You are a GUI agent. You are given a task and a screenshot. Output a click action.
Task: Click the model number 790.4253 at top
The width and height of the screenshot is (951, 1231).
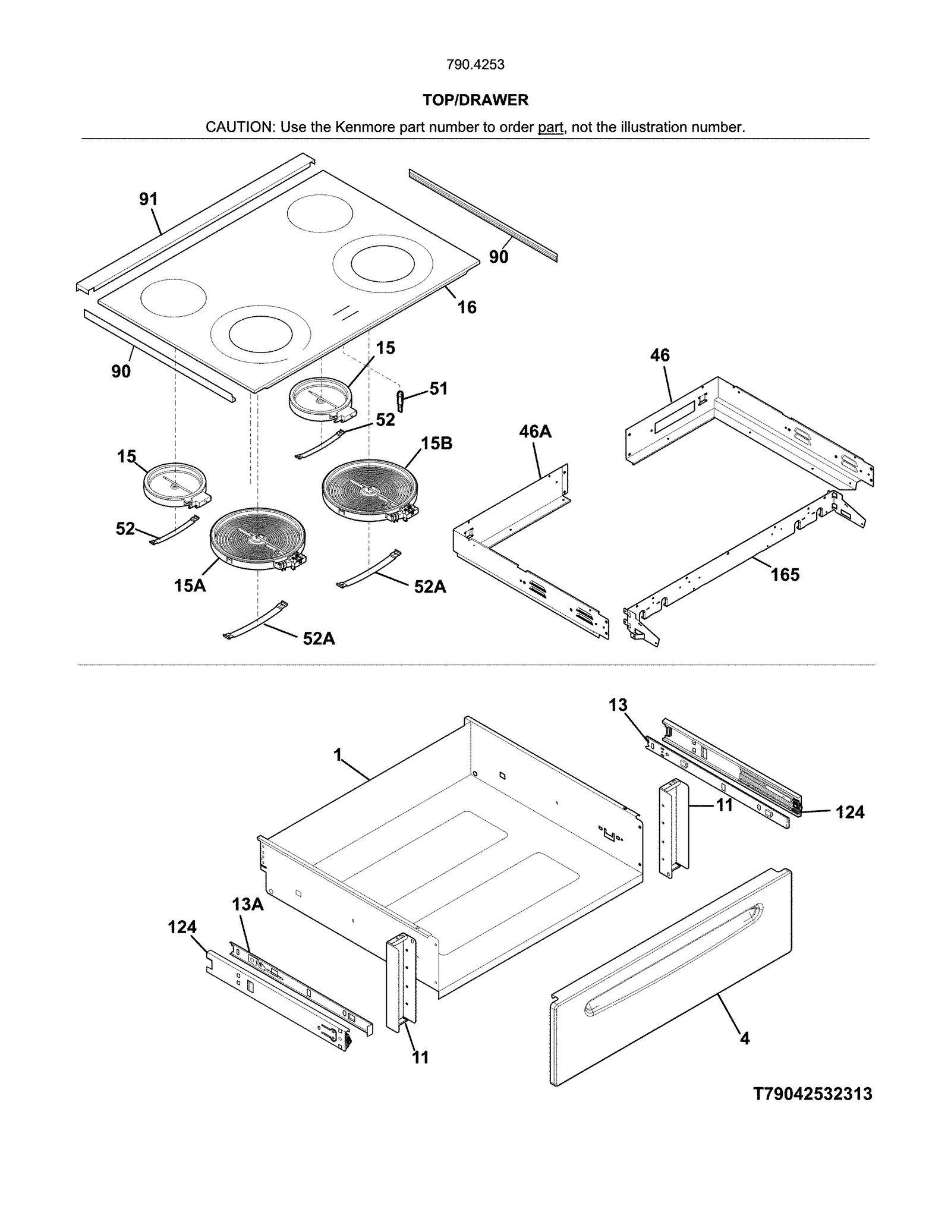tap(475, 64)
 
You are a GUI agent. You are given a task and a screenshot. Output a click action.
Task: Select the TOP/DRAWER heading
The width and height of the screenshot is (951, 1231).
tap(475, 100)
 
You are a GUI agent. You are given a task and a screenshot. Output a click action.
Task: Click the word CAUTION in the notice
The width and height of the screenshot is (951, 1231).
tap(238, 127)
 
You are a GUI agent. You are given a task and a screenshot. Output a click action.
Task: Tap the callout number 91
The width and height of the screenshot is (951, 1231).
tap(149, 199)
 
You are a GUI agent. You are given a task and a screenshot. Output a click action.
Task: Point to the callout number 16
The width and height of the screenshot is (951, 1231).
tap(467, 307)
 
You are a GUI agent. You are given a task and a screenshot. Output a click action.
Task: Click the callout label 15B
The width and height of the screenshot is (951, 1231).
tap(436, 443)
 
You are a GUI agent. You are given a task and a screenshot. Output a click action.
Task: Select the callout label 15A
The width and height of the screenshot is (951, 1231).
tap(190, 585)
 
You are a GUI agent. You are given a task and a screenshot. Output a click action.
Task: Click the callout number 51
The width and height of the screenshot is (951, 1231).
tap(439, 388)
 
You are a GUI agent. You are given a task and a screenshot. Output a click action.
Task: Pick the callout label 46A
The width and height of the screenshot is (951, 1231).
tap(535, 432)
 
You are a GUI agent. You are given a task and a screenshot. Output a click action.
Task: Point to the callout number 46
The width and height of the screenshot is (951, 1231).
tap(660, 355)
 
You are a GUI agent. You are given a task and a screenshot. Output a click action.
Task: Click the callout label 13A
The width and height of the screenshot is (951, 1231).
tap(247, 904)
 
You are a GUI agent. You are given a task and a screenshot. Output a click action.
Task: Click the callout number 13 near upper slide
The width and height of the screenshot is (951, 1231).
tap(618, 705)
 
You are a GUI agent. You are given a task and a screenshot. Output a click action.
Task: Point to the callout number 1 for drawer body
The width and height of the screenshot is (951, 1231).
tap(338, 755)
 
